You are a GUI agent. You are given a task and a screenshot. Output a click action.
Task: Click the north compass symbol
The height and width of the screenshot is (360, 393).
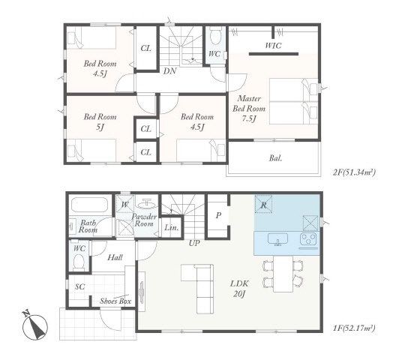coord(34,325)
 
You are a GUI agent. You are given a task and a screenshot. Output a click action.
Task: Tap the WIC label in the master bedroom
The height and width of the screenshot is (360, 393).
coord(273,46)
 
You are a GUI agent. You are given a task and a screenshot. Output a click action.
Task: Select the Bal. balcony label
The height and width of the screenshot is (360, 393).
coord(276,158)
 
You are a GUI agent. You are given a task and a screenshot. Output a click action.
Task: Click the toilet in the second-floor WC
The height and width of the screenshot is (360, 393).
coord(214,37)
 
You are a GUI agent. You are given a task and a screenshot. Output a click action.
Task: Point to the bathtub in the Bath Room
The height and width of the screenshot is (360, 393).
coord(89,205)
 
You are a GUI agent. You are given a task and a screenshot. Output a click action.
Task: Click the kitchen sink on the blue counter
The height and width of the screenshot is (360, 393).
coord(278,239)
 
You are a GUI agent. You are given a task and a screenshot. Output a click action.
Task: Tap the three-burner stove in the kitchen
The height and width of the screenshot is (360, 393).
coord(309,239)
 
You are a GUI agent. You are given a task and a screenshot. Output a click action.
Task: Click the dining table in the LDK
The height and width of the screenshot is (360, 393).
coord(283,274)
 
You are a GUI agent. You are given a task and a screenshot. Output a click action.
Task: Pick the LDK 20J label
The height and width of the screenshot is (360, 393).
coord(239,289)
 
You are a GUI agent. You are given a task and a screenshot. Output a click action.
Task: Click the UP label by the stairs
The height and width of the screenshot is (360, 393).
coord(194,243)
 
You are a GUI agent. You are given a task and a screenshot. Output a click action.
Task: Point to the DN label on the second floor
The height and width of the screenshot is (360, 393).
coord(170,71)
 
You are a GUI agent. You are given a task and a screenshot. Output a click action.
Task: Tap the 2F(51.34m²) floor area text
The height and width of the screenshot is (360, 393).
coord(354,172)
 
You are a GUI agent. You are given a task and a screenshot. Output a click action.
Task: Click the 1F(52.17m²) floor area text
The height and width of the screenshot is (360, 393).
coord(354,328)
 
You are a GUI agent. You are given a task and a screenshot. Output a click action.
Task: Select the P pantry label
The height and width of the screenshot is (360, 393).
coord(218,215)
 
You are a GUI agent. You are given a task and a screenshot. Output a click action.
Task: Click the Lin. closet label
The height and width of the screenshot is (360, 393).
coord(172,228)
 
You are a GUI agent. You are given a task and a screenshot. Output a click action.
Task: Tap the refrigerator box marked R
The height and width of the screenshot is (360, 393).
coord(263,204)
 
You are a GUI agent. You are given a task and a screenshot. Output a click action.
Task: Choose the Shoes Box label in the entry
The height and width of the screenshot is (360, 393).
coord(115,301)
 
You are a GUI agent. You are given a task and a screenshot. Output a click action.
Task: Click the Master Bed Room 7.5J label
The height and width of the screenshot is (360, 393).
coord(249,109)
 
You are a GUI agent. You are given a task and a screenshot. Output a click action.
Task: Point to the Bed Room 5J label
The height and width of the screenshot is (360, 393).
coord(100,121)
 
